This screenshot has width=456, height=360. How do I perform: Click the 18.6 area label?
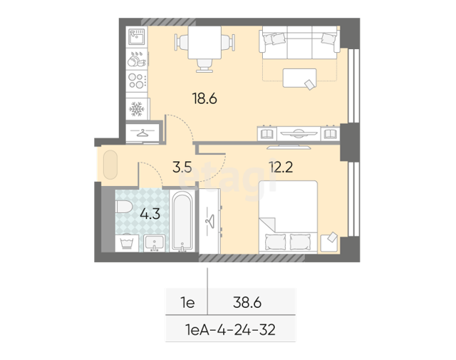(204, 98)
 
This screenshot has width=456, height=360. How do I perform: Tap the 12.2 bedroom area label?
(281, 167)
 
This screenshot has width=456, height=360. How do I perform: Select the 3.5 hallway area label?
(182, 168)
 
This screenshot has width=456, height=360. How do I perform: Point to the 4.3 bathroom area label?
(150, 214)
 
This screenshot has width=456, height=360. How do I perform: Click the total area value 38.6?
(247, 303)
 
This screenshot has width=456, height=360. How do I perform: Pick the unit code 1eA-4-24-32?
(230, 330)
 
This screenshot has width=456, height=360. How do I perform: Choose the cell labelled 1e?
(187, 303)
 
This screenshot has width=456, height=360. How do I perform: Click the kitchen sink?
(137, 37)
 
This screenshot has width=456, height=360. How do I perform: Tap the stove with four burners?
(137, 81)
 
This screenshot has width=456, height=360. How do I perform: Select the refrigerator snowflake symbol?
(136, 109)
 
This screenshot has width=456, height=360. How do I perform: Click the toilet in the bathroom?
(124, 207)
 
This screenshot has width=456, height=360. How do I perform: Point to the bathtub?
(182, 221)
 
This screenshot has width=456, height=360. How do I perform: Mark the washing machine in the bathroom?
(127, 243)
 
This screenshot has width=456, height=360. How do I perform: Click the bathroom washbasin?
(155, 243)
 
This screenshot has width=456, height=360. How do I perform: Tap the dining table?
(204, 43)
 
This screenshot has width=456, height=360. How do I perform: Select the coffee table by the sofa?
(299, 78)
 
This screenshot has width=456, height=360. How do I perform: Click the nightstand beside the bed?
(329, 243)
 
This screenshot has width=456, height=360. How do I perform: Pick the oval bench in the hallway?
(110, 165)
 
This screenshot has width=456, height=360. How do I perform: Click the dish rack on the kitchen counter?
(137, 59)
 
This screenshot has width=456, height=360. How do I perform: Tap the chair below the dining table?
(204, 66)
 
